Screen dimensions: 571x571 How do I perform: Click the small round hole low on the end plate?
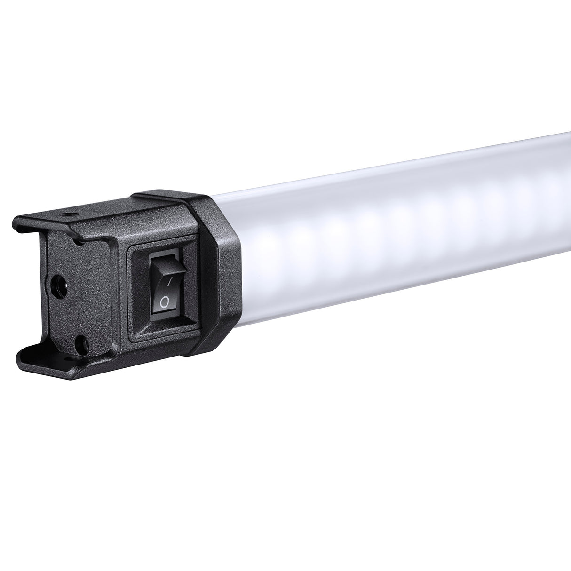point(83,339)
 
